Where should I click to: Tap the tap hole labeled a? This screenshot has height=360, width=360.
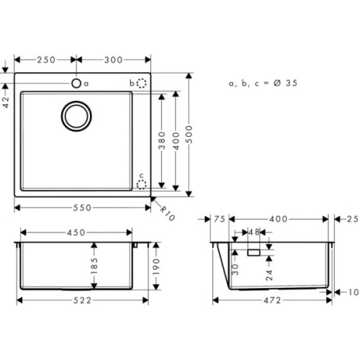tap(76, 84)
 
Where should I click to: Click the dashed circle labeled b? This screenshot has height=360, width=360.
tap(142, 84)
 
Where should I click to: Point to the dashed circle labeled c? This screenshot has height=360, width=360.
tap(142, 184)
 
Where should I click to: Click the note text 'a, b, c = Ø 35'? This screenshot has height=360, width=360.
tap(264, 84)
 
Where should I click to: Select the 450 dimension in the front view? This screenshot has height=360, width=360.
tap(76, 233)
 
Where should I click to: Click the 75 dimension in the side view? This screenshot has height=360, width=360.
tap(220, 219)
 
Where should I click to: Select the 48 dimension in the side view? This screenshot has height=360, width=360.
tap(253, 233)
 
